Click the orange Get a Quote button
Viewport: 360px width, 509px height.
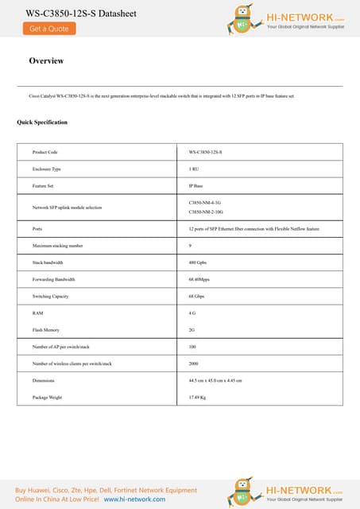[x=49, y=29]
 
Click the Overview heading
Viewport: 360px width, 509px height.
[x=46, y=61]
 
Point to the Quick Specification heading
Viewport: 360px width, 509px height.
[x=42, y=122]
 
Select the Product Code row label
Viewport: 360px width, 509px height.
[x=45, y=151]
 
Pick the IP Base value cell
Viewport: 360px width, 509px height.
[x=196, y=186]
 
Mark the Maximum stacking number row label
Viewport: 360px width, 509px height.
[x=57, y=246]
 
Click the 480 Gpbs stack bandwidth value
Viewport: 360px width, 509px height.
[x=198, y=262]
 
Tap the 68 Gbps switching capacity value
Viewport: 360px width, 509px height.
[x=197, y=296]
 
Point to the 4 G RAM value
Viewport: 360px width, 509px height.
[x=192, y=313]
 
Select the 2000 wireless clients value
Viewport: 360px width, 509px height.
[x=194, y=363]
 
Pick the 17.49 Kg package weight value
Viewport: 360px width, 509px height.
[x=198, y=397]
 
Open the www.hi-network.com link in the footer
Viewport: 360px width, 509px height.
[x=135, y=499]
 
